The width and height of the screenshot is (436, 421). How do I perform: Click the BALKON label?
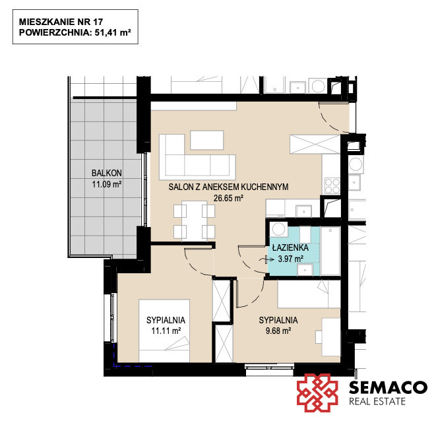click(107, 173)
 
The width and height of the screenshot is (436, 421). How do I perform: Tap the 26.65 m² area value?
click(228, 198)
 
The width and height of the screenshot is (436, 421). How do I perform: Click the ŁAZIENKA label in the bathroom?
click(290, 247)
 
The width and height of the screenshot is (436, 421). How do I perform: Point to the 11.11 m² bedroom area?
click(166, 331)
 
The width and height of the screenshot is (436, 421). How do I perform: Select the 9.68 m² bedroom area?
click(278, 331)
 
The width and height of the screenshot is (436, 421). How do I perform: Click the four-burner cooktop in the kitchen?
click(332, 185)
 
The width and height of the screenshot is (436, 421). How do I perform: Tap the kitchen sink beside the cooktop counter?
click(303, 211)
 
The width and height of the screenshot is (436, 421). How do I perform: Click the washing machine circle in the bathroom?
click(278, 230)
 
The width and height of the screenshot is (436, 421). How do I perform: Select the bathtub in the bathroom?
click(330, 251)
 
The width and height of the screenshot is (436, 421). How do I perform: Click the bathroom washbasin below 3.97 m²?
click(305, 270)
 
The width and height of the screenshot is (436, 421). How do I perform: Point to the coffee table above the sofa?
click(207, 140)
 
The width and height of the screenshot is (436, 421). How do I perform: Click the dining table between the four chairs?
click(195, 220)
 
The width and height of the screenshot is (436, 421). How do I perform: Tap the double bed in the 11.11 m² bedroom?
click(164, 331)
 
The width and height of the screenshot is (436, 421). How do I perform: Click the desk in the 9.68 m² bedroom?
click(331, 337)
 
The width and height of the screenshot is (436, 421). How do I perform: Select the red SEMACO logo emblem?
click(317, 393)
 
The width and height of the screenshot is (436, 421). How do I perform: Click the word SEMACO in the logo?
click(388, 387)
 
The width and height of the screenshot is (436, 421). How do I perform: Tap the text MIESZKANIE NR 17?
click(61, 22)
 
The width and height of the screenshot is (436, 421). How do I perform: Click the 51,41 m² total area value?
click(113, 32)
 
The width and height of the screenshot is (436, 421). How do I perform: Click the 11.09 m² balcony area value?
click(107, 184)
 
